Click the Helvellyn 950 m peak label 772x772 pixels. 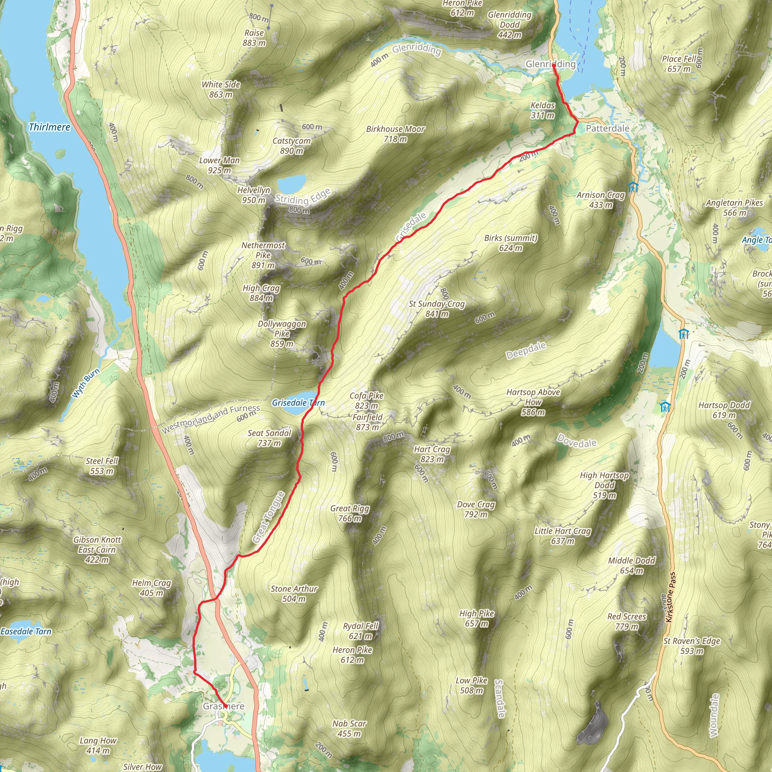[253, 195]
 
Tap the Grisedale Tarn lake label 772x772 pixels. [298, 403]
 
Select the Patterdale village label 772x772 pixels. [607, 128]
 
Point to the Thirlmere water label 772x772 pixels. [49, 127]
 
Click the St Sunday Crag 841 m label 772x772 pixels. [437, 309]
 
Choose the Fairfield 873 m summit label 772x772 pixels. [367, 422]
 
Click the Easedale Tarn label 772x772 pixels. [26, 631]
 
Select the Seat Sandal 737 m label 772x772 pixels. [269, 438]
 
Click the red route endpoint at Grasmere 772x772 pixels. [225, 706]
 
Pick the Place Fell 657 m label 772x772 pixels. [679, 64]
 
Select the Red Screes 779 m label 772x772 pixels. [626, 621]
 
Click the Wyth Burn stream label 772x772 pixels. [86, 383]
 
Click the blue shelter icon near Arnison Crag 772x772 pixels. [633, 187]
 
